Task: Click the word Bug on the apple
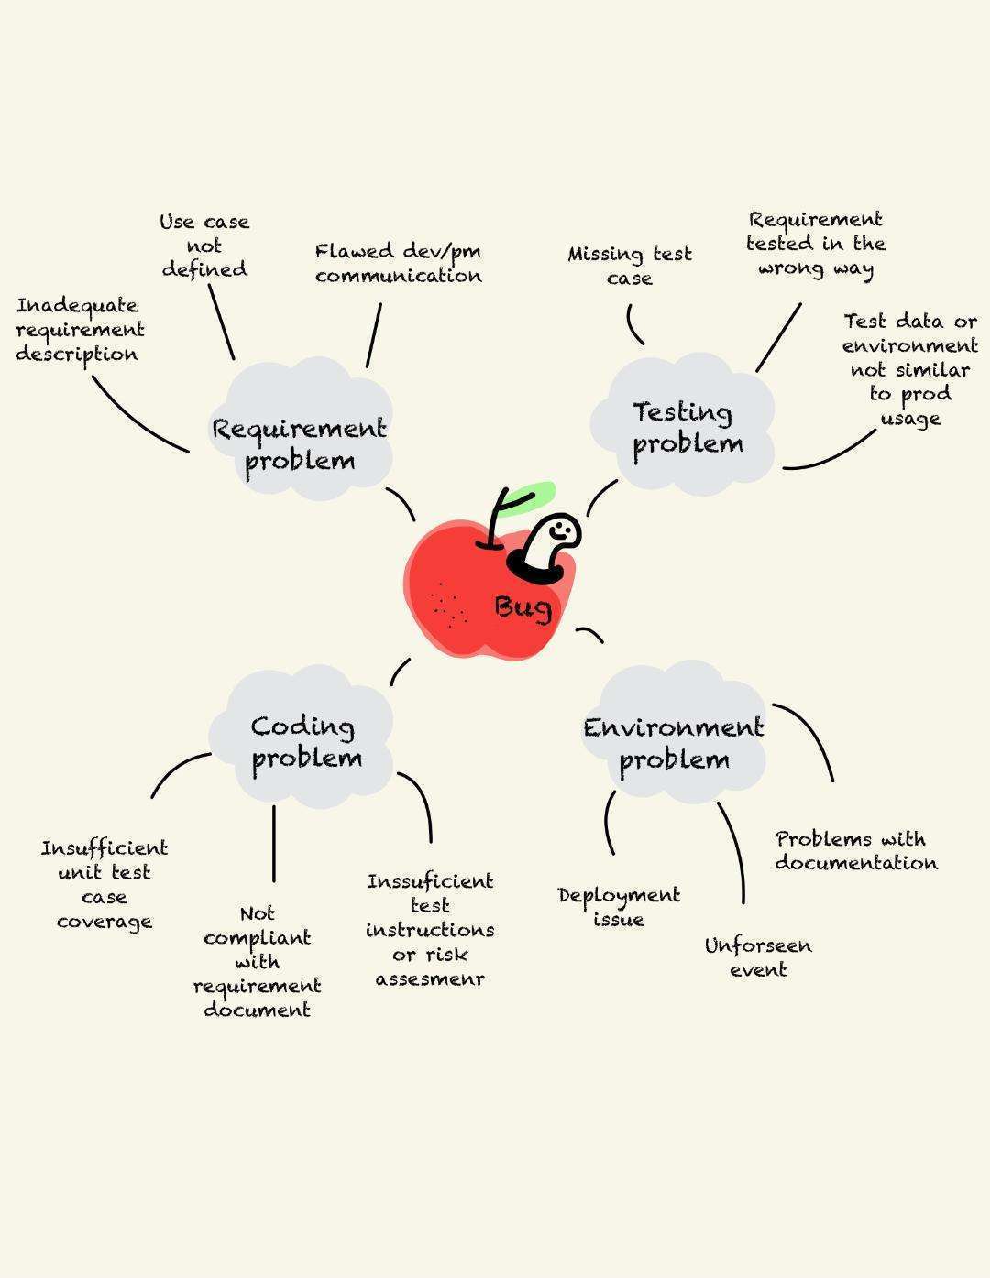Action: click(523, 607)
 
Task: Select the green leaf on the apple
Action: click(531, 496)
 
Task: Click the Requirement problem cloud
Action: click(300, 443)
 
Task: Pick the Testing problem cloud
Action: click(687, 427)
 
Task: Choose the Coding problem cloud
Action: click(306, 742)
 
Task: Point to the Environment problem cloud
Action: click(674, 743)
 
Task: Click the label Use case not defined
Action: click(204, 246)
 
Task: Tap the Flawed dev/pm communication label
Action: click(398, 263)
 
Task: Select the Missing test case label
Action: click(629, 266)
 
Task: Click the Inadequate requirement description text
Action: click(80, 330)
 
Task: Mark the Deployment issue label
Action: click(619, 907)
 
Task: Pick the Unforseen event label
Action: click(758, 957)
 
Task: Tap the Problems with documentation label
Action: click(855, 851)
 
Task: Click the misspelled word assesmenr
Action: click(430, 979)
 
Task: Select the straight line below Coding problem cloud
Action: click(273, 843)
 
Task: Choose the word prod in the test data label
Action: click(924, 395)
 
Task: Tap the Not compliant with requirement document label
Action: click(257, 962)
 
